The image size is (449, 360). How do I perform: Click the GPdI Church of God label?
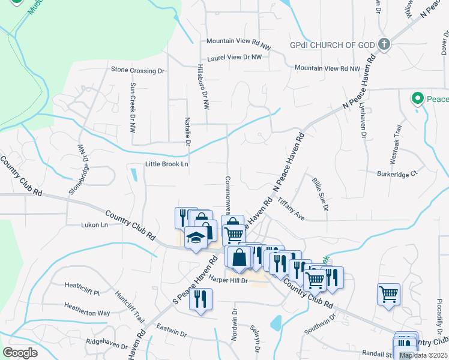point(332,45)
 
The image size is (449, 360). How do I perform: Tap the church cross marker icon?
point(384,44)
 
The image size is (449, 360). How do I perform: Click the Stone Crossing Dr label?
point(137,70)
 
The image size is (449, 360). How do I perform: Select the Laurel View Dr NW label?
point(235,57)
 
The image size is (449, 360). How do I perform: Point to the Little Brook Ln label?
point(166,164)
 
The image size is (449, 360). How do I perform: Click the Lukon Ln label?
point(94,225)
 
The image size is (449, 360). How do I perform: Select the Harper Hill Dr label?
point(228,281)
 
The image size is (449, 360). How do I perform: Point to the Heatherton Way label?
point(87,313)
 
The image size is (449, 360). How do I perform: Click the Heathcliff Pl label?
point(82,284)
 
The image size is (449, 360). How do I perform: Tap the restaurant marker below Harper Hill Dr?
point(201,299)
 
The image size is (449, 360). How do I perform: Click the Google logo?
point(20,353)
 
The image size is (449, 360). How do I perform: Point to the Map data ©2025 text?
point(423,355)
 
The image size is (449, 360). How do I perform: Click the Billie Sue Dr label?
point(320,194)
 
